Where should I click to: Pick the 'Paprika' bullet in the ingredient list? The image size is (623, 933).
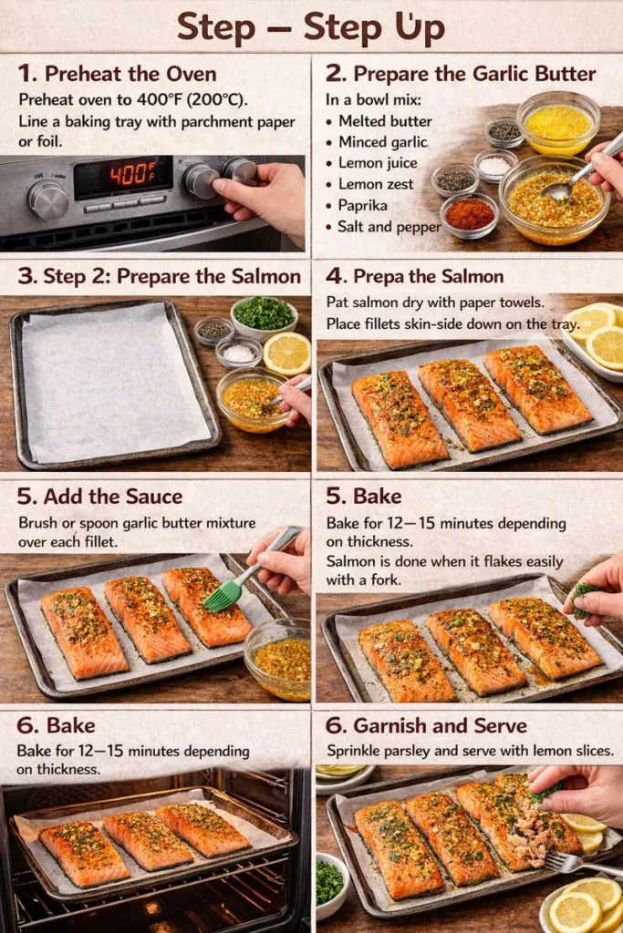tap(364, 206)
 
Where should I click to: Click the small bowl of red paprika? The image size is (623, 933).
tap(469, 214)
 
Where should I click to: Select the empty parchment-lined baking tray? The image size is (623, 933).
tap(114, 384)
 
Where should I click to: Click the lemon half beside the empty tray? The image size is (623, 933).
tap(286, 354)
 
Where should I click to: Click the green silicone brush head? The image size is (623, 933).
tap(222, 596)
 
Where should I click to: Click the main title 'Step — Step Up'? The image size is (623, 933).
tap(311, 27)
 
